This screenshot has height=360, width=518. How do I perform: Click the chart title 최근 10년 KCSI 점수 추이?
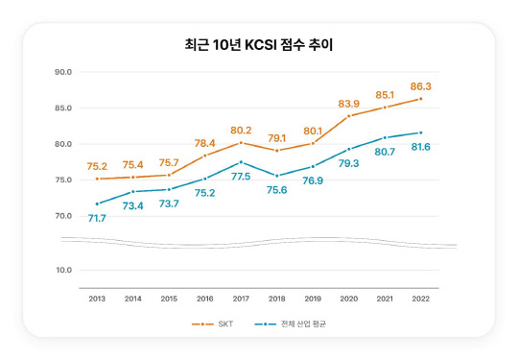258,44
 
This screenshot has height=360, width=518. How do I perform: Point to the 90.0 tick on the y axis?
63,72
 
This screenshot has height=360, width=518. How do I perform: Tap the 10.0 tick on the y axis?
63,271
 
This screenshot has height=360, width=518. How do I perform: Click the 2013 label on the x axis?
97,300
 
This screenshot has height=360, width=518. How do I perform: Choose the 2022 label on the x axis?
421,300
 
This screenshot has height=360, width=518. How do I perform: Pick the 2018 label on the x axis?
277,300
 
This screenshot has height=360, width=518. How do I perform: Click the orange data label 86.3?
421,85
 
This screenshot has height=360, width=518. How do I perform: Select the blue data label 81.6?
421,147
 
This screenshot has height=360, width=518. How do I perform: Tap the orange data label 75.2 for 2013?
97,165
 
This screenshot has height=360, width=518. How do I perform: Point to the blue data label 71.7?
97,218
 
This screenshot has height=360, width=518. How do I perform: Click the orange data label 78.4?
205,143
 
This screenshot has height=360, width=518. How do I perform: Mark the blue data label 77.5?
241,177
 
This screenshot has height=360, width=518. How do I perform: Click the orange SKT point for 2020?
349,115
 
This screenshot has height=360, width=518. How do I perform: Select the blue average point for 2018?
277,176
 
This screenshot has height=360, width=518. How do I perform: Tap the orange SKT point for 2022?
421,99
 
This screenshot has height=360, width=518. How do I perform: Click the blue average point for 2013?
97,204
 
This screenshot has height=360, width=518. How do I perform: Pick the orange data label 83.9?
349,103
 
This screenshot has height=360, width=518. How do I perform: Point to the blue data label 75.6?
277,190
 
